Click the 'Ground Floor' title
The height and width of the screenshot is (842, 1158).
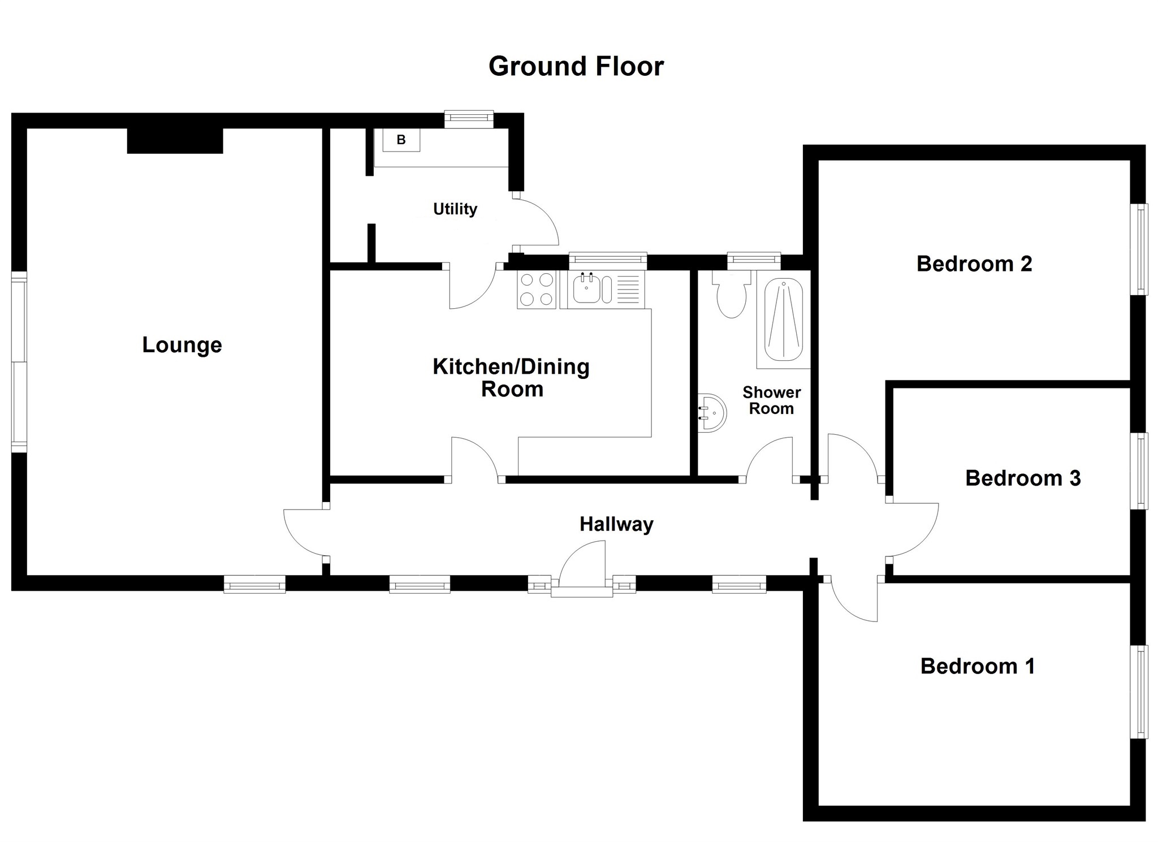click(576, 67)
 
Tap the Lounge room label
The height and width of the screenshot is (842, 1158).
click(182, 345)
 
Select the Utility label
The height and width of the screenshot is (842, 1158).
click(455, 209)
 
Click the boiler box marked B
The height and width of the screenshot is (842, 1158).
click(401, 140)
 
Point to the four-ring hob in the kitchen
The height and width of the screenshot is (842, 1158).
click(536, 289)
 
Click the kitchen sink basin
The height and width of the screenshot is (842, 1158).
click(587, 288)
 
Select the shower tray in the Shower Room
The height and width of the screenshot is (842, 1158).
click(783, 320)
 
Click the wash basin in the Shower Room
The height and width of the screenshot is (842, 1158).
click(711, 413)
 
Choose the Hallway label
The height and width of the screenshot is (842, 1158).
click(616, 524)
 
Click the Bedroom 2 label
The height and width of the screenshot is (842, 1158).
click(974, 264)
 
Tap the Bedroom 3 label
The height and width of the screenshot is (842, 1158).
click(1022, 478)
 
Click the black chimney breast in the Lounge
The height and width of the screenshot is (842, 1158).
click(175, 141)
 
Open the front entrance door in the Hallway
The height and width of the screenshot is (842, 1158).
click(582, 565)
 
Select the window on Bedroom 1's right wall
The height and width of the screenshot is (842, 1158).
click(1139, 692)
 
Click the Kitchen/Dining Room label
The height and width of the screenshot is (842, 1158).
click(511, 378)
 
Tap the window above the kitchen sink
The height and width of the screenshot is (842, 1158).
click(607, 261)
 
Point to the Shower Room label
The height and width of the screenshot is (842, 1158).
click(771, 400)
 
